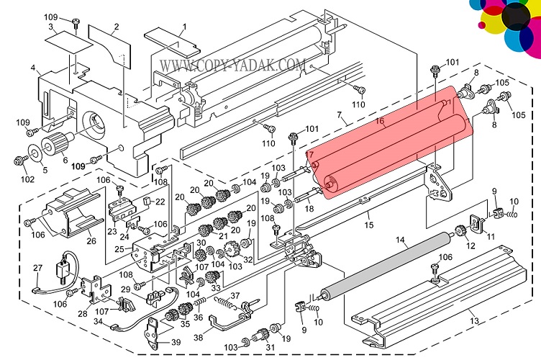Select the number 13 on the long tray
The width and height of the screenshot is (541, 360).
473,320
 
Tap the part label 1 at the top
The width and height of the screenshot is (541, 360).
183,27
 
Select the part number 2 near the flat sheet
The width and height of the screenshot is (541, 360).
116,27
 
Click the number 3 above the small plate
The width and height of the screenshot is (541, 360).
51,27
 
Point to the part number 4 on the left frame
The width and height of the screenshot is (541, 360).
33,68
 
